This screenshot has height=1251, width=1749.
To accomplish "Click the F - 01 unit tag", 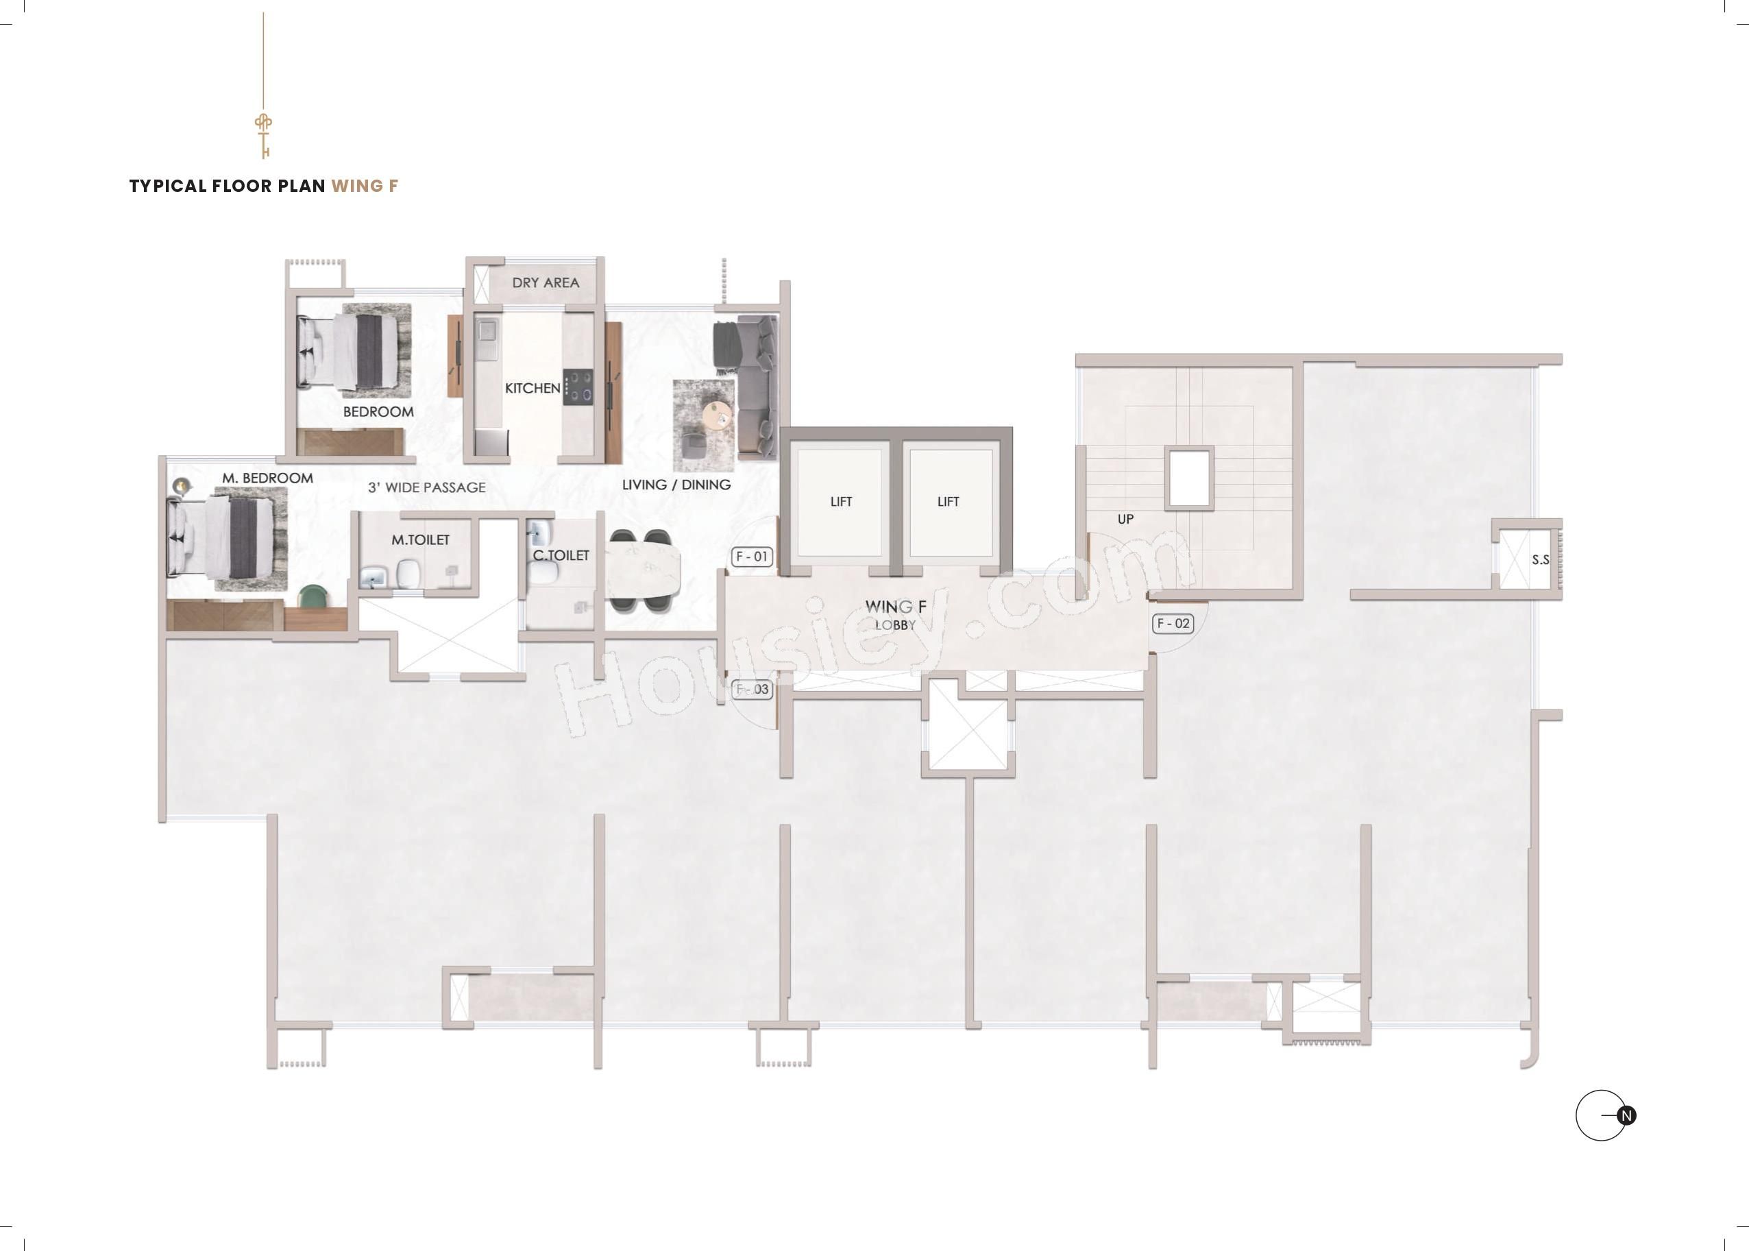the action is click(752, 556).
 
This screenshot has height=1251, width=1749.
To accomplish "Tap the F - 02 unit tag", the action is click(1173, 623).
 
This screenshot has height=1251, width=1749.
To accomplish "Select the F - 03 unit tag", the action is click(752, 690).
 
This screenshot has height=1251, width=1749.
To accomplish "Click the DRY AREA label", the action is click(546, 282).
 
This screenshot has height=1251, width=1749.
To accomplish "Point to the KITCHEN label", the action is click(533, 388).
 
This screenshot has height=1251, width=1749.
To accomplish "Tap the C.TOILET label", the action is click(561, 555).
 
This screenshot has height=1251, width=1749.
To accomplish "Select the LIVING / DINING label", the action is click(676, 485).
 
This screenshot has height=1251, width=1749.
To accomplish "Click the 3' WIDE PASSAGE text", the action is click(427, 487).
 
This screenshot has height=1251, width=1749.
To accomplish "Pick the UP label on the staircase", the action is click(1125, 519).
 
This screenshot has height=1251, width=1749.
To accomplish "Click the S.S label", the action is click(1540, 560).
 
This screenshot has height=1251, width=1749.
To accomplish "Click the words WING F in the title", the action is click(365, 186).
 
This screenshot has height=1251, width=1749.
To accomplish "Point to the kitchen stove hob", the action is click(578, 387).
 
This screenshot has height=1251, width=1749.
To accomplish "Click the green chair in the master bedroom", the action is click(314, 597).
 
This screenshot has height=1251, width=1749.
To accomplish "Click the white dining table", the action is click(644, 571).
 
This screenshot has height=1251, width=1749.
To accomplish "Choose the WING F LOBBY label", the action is click(896, 615).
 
